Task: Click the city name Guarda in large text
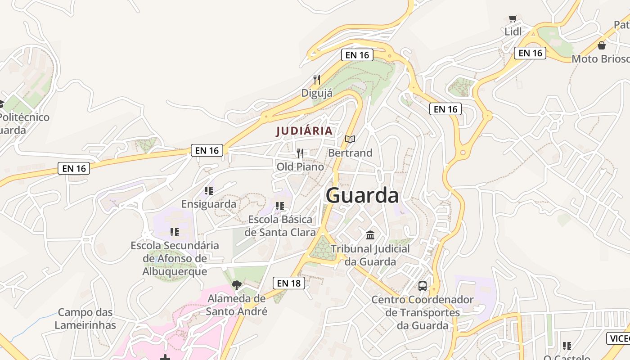tap(362, 196)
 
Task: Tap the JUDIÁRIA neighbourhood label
tap(304, 131)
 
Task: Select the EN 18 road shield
tap(288, 283)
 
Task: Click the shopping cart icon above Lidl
tap(513, 18)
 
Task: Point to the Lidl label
tap(513, 31)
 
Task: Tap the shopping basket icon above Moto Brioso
tap(601, 45)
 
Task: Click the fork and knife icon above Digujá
tap(317, 80)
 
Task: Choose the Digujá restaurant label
tap(317, 93)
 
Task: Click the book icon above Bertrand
tap(350, 139)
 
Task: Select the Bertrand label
tap(350, 153)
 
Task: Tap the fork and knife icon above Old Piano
tap(300, 153)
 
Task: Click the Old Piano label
tap(300, 167)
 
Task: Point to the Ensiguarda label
tap(208, 204)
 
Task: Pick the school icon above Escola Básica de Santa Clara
tap(280, 206)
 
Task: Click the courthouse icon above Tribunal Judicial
tap(370, 235)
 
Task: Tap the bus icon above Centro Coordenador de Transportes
tap(422, 286)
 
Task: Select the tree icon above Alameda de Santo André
tap(236, 285)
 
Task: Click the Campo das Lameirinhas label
tap(85, 319)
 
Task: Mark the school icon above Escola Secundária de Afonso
tap(174, 232)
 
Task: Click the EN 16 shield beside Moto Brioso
tap(530, 53)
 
